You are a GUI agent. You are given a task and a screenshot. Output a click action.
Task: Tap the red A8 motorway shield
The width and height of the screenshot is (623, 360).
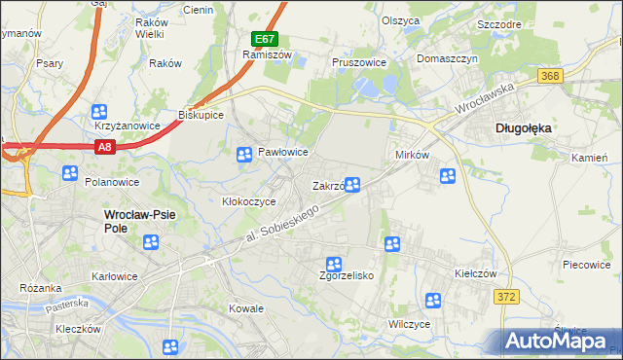(106, 147)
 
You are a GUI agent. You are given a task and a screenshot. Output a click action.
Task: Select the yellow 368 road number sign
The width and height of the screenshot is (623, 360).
(551, 76)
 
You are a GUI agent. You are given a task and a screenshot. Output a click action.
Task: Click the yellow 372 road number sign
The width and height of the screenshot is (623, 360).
(503, 297)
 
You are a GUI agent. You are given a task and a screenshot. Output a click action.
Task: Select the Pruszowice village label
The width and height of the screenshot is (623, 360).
(359, 62)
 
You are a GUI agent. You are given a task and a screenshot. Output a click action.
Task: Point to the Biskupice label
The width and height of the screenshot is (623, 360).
(202, 115)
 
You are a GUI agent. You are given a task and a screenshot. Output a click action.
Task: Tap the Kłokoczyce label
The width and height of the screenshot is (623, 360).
(249, 201)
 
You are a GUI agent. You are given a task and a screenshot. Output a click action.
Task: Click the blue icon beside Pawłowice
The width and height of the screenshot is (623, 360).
(245, 154)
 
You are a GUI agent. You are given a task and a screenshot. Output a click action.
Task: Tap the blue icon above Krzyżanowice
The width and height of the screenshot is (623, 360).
(98, 112)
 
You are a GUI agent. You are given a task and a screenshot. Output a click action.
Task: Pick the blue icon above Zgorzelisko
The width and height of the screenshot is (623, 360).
(334, 264)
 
